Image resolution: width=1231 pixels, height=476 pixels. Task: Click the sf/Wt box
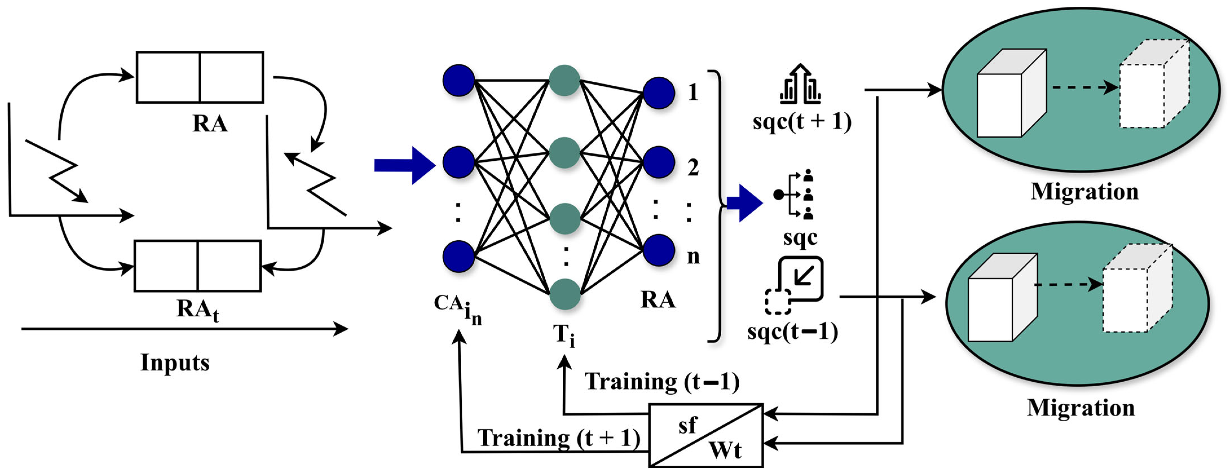click(x=706, y=435)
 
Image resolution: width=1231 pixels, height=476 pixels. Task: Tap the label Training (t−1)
click(x=662, y=382)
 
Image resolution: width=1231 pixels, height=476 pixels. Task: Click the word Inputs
click(x=175, y=362)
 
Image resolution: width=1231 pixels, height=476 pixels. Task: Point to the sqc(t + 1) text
click(x=802, y=122)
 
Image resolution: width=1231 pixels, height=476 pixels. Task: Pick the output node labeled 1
click(x=659, y=93)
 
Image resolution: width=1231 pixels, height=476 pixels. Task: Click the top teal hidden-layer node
click(x=564, y=80)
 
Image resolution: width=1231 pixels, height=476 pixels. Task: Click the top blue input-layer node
click(x=458, y=80)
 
